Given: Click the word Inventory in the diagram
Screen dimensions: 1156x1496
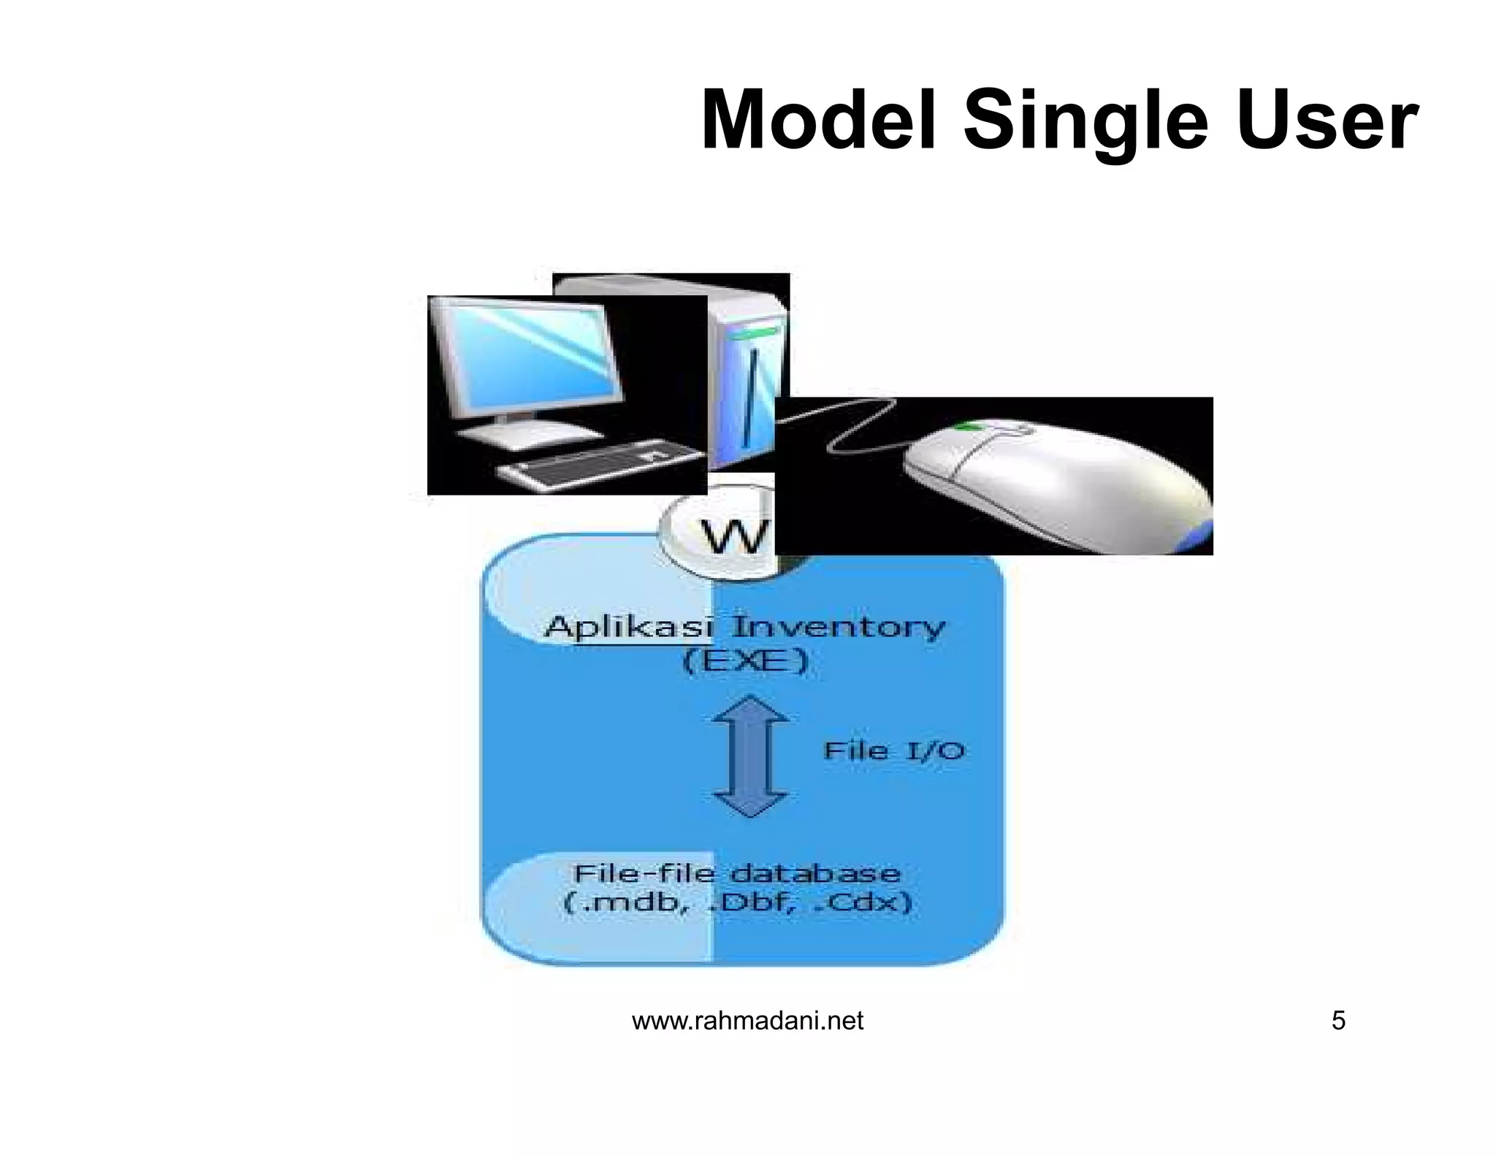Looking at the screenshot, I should (839, 628).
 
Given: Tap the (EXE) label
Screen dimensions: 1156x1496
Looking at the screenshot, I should (746, 662).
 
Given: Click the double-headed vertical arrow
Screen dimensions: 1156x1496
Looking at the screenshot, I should (750, 756).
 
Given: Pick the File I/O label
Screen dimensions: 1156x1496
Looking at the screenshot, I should (893, 750).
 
